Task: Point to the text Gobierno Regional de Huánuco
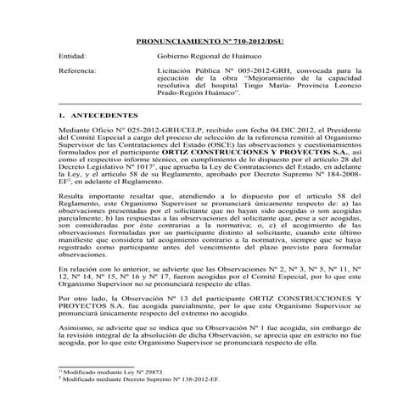(x=203, y=55)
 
